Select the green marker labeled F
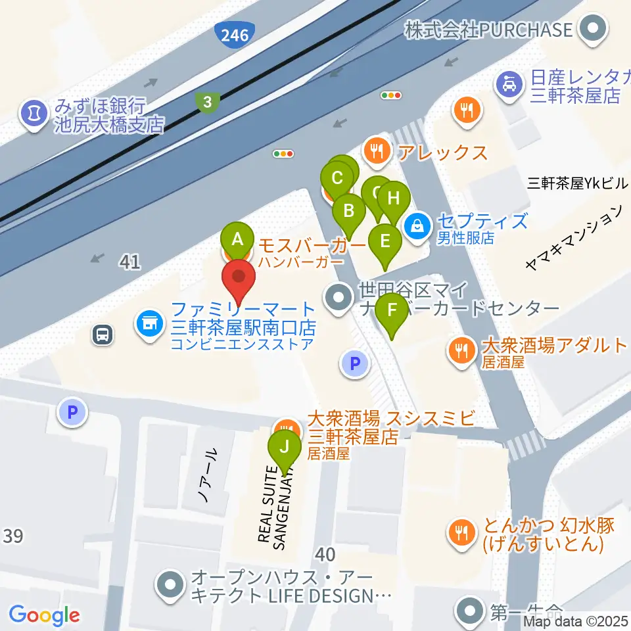(392, 310)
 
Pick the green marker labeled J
(285, 448)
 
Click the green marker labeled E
(385, 241)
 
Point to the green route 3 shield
(207, 102)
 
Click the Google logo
(44, 615)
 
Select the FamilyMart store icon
(149, 323)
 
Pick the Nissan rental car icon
(509, 83)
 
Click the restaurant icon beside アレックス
(376, 151)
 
